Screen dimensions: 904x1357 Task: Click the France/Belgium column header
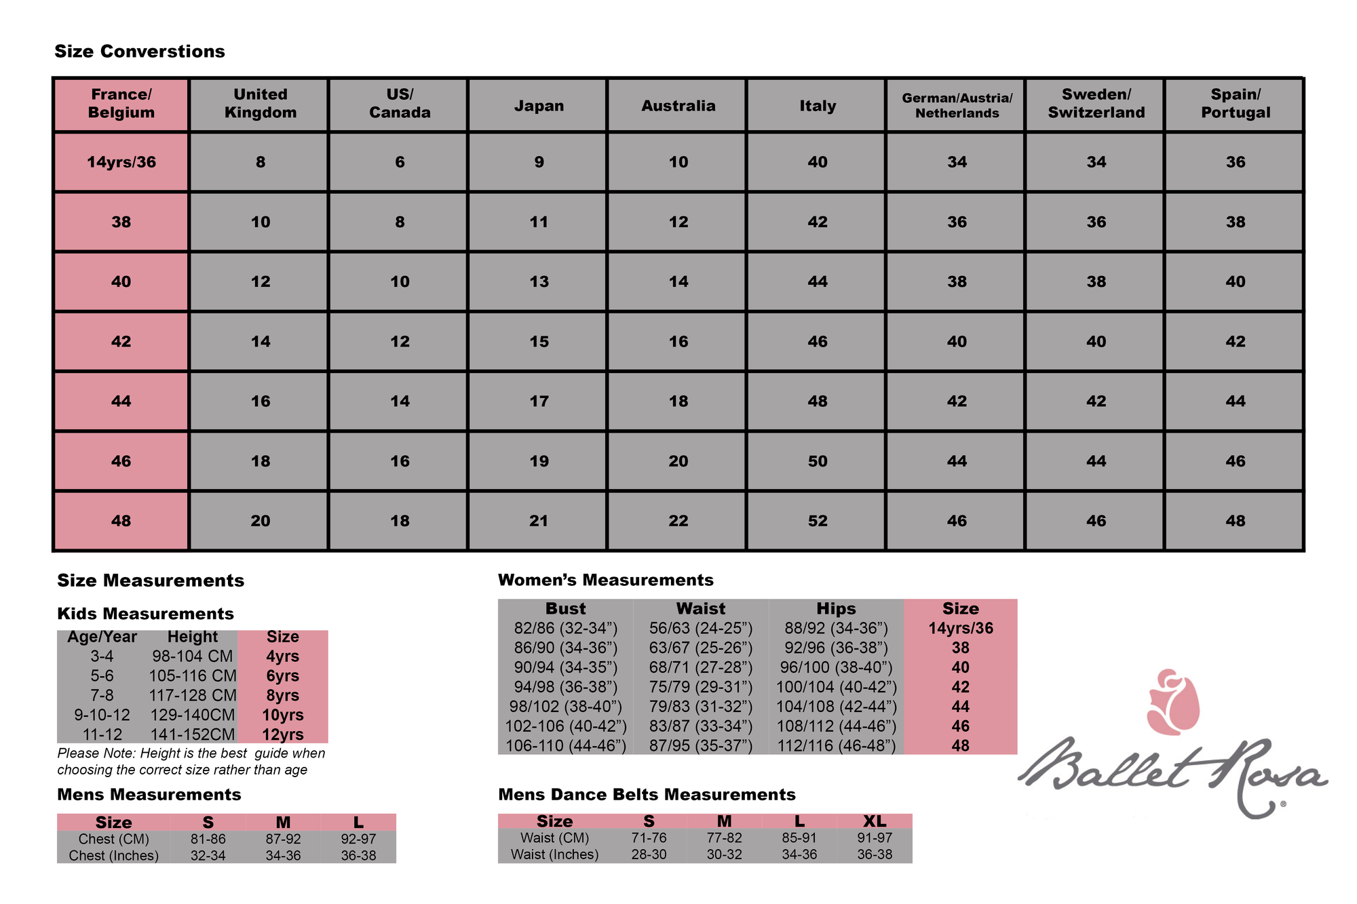121,104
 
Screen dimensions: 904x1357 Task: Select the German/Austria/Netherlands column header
957,105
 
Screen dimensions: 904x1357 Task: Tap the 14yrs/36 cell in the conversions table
121,162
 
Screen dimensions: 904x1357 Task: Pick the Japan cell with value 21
539,521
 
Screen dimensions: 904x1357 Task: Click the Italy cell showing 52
817,521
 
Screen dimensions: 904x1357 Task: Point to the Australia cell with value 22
678,521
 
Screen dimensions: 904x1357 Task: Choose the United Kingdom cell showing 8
261,162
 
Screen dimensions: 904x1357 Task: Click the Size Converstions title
140,52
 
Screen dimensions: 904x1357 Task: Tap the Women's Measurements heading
605,580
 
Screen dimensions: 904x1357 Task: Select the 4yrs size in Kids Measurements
282,656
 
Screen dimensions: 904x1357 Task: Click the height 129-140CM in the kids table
192,715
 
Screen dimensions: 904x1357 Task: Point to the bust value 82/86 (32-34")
565,629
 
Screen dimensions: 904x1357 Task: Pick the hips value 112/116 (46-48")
836,746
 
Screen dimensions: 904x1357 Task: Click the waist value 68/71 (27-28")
700,667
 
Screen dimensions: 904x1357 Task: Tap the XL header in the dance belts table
875,821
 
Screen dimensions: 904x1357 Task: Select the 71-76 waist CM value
649,838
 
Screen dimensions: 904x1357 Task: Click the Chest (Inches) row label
113,856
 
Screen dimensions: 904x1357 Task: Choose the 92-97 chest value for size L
358,839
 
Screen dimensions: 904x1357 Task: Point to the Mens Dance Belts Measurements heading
647,795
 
